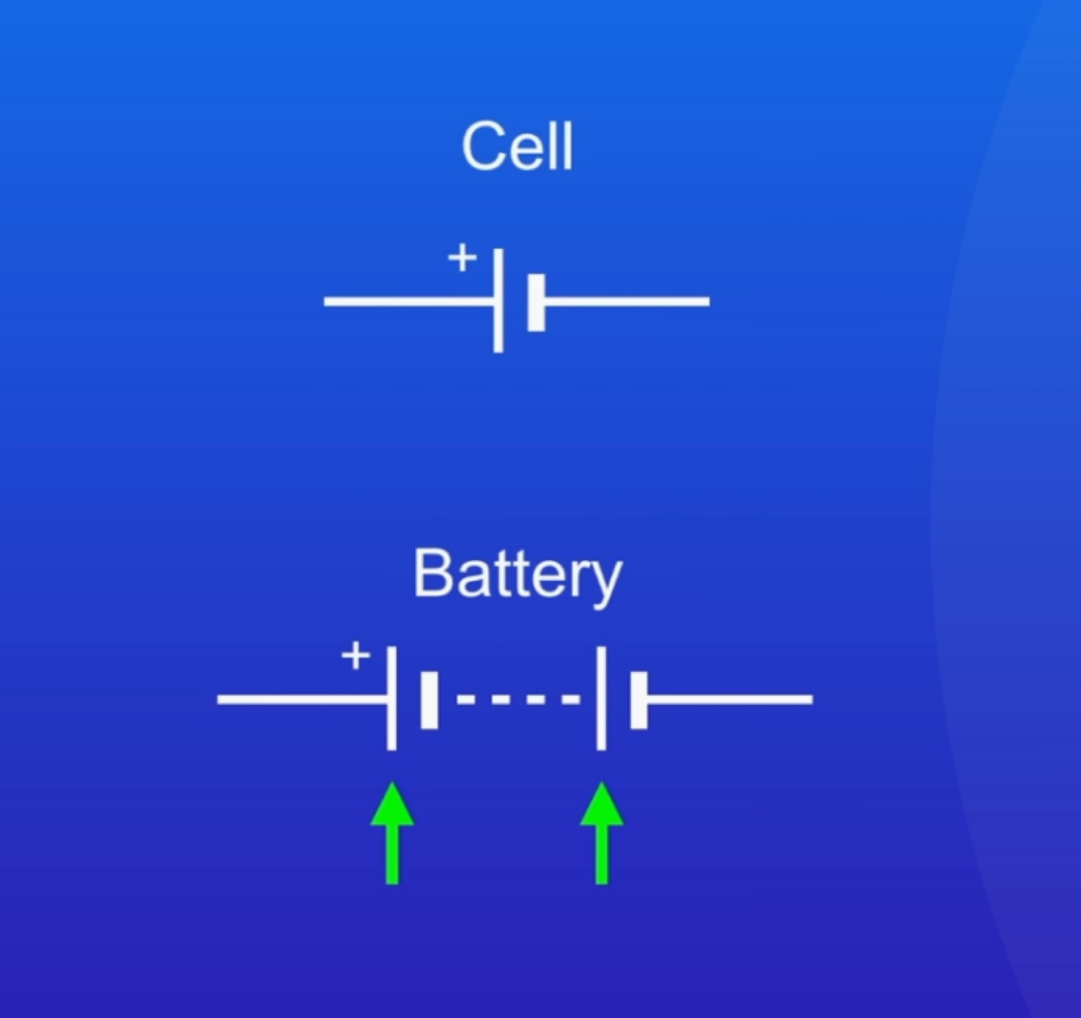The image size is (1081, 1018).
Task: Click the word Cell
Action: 517,147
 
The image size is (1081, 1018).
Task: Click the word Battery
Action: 517,575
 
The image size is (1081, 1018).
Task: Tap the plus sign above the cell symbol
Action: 462,259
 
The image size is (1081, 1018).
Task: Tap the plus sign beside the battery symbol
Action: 355,655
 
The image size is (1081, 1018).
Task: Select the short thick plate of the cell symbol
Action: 536,302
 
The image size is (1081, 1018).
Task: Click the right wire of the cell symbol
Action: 627,302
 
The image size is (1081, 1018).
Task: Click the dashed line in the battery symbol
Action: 519,699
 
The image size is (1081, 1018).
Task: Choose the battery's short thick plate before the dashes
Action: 429,699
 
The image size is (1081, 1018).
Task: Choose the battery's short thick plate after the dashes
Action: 639,699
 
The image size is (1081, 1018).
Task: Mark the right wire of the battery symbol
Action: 729,699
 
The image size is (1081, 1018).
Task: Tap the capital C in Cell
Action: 483,147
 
